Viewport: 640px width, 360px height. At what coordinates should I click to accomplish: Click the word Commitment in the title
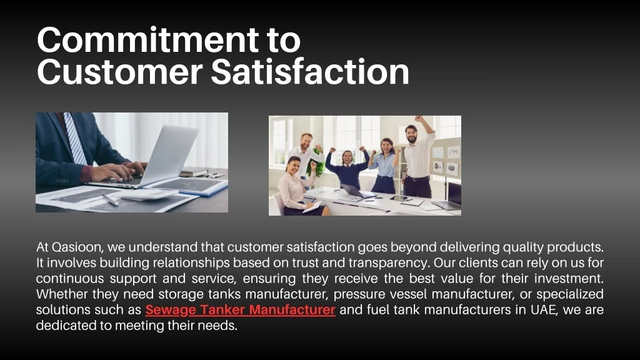(147, 39)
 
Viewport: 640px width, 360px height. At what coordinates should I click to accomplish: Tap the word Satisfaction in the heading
(310, 71)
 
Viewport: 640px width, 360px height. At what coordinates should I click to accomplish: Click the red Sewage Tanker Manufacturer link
(241, 310)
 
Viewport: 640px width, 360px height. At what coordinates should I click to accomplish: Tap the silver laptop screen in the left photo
(171, 154)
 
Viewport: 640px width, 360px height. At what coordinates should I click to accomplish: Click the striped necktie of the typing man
(75, 139)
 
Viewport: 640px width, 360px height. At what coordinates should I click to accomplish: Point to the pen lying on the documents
(110, 199)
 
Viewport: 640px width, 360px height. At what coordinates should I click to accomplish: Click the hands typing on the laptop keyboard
(118, 171)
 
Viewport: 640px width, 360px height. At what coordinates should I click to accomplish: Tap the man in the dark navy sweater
(347, 169)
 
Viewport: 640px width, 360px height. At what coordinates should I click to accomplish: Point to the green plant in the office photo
(316, 163)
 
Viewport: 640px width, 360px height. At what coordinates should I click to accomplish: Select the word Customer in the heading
(119, 71)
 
